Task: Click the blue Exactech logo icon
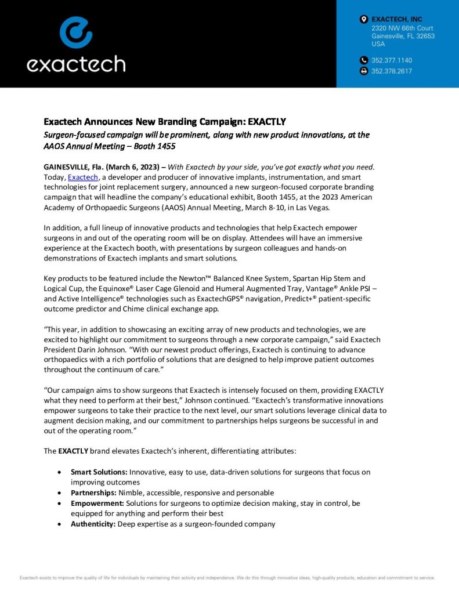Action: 76,32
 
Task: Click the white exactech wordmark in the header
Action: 76,63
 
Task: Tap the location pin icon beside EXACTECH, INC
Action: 364,20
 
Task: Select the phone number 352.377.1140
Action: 392,60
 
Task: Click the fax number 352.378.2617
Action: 392,71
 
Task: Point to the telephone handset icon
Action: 364,60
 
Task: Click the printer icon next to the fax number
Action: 364,71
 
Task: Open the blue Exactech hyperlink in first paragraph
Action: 84,177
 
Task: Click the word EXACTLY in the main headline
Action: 267,122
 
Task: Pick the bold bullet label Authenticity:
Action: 93,524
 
